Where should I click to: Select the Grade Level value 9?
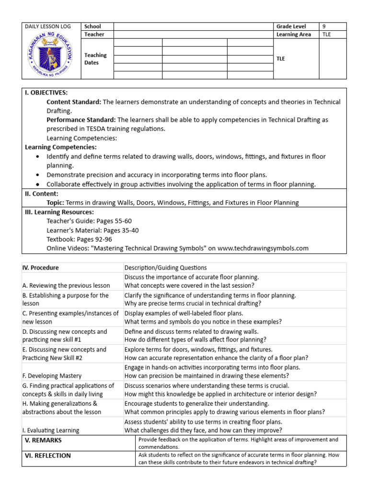[x=325, y=26]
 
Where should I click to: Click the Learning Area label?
[x=293, y=35]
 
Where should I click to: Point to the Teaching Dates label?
[x=95, y=59]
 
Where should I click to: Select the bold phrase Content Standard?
[x=73, y=102]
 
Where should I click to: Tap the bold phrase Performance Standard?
[x=81, y=120]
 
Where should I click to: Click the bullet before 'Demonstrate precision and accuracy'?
[x=38, y=175]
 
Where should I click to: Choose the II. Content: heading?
[x=41, y=194]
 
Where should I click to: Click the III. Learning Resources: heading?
[x=59, y=212]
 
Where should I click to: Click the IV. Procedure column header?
[x=41, y=268]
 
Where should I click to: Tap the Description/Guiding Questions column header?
[x=165, y=268]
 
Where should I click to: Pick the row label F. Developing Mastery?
[x=52, y=376]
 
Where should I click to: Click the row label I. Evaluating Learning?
[x=51, y=430]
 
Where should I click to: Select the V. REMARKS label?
[x=43, y=440]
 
